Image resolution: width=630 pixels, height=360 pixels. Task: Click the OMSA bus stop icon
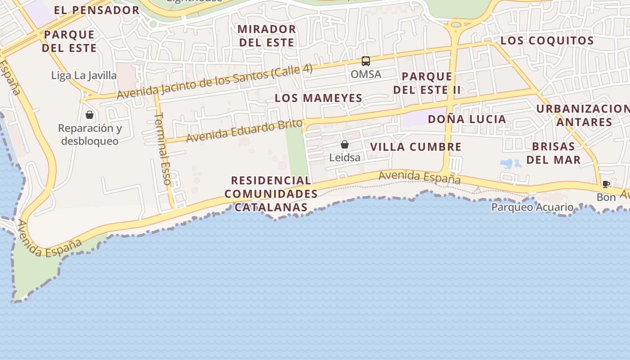click(x=365, y=61)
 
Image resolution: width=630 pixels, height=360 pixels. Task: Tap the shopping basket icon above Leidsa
click(x=344, y=144)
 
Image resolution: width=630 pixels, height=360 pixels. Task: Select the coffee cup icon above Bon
click(x=606, y=184)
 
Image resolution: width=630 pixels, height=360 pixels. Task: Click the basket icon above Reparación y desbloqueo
click(x=90, y=115)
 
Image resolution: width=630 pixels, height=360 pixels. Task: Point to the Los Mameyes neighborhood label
click(x=319, y=98)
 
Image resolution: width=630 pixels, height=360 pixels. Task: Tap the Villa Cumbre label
click(x=416, y=147)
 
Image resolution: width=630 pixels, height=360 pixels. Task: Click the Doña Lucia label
click(x=467, y=119)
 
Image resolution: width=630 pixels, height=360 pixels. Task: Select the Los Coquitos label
click(x=547, y=40)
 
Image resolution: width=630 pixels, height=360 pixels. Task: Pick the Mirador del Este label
click(x=266, y=36)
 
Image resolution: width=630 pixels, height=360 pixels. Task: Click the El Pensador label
click(x=96, y=10)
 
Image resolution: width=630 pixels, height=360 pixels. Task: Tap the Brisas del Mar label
click(x=553, y=153)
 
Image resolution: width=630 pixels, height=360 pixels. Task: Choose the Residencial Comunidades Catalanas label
click(x=271, y=194)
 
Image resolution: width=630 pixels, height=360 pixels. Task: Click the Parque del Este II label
click(x=427, y=83)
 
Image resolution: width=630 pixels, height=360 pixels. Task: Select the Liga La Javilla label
click(x=84, y=75)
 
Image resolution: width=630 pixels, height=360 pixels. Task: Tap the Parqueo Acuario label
click(x=532, y=207)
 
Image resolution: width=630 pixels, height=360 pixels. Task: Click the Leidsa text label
click(x=345, y=157)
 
